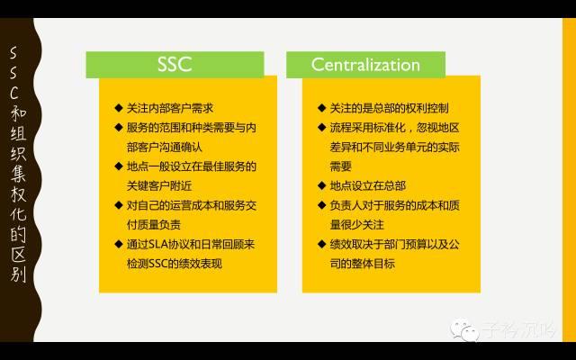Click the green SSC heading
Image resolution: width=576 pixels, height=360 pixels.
click(175, 65)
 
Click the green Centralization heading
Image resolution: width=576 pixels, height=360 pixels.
click(365, 65)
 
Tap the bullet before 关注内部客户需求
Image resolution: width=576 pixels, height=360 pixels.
click(118, 108)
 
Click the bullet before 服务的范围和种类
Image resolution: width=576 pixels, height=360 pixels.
click(118, 128)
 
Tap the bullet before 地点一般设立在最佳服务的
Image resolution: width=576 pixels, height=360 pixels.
click(118, 166)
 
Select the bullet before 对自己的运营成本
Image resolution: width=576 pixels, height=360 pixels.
click(118, 205)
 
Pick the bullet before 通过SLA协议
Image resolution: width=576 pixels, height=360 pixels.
click(118, 245)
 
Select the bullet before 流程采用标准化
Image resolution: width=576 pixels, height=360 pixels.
click(321, 128)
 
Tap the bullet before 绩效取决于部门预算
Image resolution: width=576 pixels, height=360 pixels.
click(321, 245)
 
